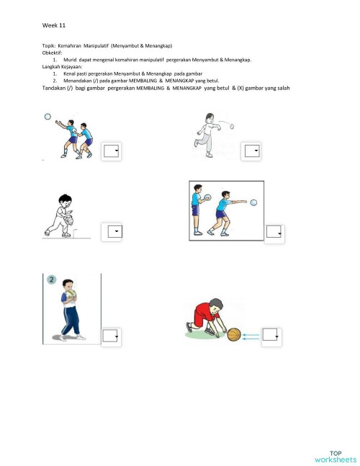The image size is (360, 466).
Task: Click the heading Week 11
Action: pos(54,25)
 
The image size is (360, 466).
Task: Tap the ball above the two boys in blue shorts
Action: pos(48,115)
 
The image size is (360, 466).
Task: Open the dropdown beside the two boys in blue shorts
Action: pos(110,151)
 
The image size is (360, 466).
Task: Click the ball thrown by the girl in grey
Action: pos(231,124)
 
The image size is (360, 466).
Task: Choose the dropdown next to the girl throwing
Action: pos(251,151)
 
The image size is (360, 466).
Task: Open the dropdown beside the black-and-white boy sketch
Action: pos(114,231)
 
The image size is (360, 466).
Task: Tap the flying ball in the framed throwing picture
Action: pos(254,203)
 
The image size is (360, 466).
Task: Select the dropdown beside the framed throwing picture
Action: pos(274,231)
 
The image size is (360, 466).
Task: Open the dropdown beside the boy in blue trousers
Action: pos(110,336)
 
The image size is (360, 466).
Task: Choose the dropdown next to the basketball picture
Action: pos(271,335)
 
